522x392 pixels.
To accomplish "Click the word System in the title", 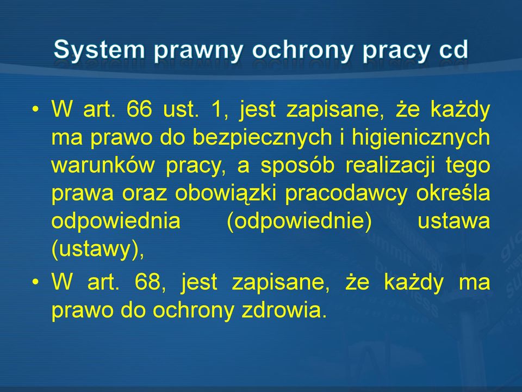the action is click(99, 50).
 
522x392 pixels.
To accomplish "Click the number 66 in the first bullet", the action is click(139, 109).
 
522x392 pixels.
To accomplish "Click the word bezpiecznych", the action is click(263, 138).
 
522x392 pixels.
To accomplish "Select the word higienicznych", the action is click(421, 138).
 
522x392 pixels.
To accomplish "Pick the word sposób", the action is click(297, 166).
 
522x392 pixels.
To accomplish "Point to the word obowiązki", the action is click(225, 193).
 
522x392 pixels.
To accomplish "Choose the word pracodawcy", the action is click(346, 194).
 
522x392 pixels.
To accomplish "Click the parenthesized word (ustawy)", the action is click(98, 249).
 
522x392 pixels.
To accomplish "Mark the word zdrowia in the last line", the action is click(284, 310).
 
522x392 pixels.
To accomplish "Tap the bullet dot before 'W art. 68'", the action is click(35, 282).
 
